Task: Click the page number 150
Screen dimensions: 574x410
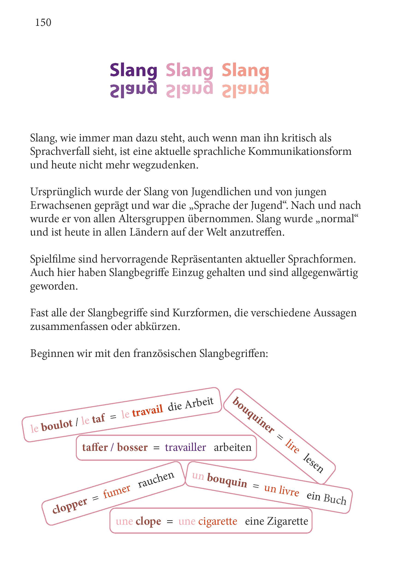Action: point(43,23)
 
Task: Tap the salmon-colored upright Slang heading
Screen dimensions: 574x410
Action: point(245,71)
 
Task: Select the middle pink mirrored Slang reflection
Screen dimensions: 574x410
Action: point(189,90)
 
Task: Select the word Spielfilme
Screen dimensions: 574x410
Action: point(52,259)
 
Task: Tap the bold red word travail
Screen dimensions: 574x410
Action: point(147,410)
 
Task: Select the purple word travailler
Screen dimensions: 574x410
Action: point(186,447)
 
